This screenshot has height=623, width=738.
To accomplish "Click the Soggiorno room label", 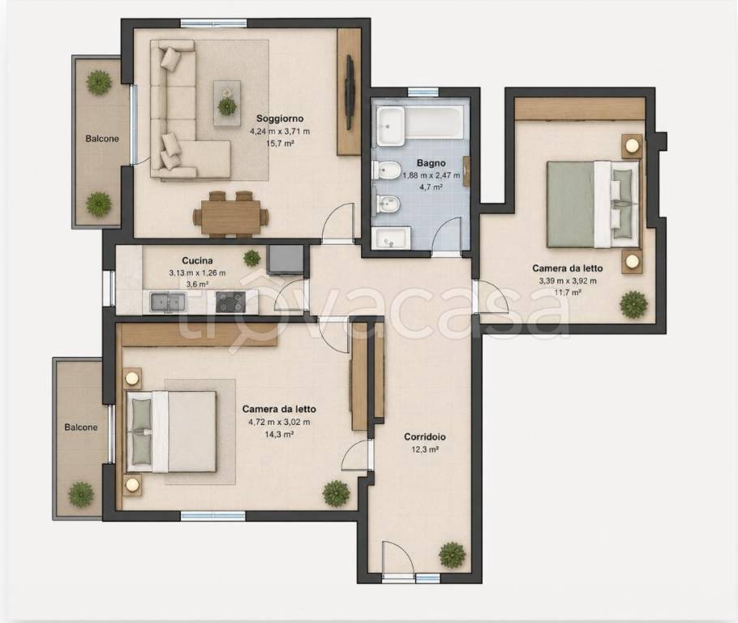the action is pyautogui.click(x=280, y=118).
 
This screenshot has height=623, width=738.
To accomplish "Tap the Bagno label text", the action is pyautogui.click(x=431, y=163).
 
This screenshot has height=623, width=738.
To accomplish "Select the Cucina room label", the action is pyautogui.click(x=197, y=260).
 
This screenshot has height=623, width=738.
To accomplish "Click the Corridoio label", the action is pyautogui.click(x=425, y=437).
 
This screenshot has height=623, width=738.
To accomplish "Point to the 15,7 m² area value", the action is pyautogui.click(x=280, y=143).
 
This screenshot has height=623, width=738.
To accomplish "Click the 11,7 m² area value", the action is pyautogui.click(x=567, y=292).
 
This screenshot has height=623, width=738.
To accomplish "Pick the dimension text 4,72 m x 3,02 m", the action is pyautogui.click(x=279, y=422).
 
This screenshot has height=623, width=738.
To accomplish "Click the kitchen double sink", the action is pyautogui.click(x=168, y=302).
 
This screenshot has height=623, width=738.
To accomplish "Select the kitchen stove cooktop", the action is pyautogui.click(x=230, y=302).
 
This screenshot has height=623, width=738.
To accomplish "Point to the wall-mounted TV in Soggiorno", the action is pyautogui.click(x=350, y=92).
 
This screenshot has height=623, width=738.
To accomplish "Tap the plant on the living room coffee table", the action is pyautogui.click(x=228, y=106).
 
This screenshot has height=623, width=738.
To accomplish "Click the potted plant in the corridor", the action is pyautogui.click(x=453, y=556).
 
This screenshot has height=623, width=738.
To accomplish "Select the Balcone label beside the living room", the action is pyautogui.click(x=102, y=139).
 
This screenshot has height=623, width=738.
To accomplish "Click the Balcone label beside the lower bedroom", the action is pyautogui.click(x=81, y=428).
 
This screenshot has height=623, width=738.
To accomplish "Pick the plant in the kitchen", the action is pyautogui.click(x=251, y=258).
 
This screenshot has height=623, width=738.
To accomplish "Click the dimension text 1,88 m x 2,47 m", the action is pyautogui.click(x=431, y=176).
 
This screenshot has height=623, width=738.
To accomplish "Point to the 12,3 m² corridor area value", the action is pyautogui.click(x=425, y=449).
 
